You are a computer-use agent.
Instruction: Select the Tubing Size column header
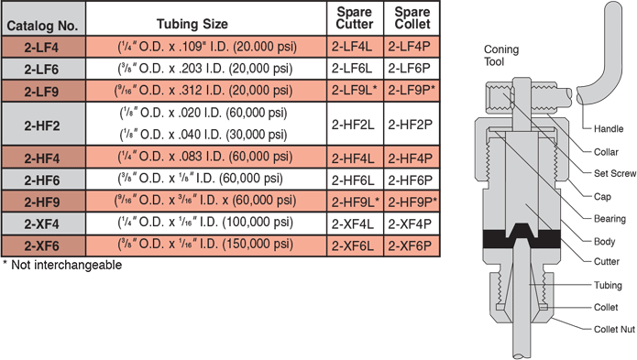point(192,24)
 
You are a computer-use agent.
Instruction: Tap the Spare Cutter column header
point(355,18)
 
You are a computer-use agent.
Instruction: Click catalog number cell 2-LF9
point(43,91)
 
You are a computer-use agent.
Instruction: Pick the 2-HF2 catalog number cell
point(43,124)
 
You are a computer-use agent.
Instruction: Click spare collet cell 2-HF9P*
point(412,202)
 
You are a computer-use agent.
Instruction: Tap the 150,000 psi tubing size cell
point(206,245)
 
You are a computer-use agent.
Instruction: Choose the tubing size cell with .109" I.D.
point(206,47)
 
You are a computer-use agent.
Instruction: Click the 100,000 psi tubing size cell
point(206,224)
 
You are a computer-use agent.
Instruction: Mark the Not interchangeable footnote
point(62,265)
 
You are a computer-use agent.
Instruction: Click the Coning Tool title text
point(501,56)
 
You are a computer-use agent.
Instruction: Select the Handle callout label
point(609,129)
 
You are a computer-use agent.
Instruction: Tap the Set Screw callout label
point(615,173)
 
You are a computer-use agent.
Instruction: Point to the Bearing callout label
point(610,219)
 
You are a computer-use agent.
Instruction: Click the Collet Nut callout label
point(614,329)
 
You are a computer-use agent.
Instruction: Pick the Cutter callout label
point(607,262)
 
